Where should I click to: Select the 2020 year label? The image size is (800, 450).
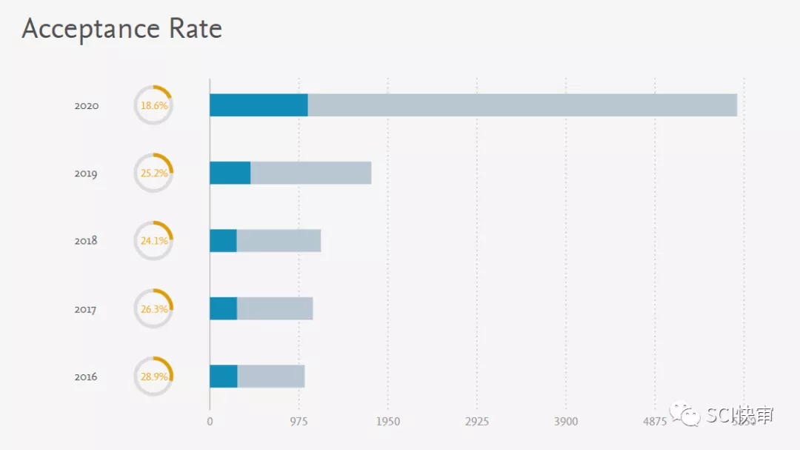pyautogui.click(x=87, y=106)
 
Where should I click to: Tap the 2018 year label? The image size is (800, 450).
pyautogui.click(x=87, y=241)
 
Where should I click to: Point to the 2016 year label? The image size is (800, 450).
pyautogui.click(x=87, y=377)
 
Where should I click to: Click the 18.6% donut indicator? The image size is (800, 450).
pyautogui.click(x=153, y=106)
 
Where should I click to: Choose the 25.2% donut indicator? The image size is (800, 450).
pyautogui.click(x=153, y=173)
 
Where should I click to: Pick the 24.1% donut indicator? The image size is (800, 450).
pyautogui.click(x=153, y=241)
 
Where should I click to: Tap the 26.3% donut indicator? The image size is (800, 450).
pyautogui.click(x=153, y=309)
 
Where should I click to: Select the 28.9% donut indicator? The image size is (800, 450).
pyautogui.click(x=153, y=377)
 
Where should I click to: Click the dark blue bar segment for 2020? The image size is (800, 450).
pyautogui.click(x=259, y=105)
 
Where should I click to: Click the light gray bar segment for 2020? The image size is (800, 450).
pyautogui.click(x=522, y=105)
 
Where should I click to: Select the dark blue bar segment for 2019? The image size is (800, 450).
pyautogui.click(x=230, y=173)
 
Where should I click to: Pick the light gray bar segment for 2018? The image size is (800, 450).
pyautogui.click(x=279, y=241)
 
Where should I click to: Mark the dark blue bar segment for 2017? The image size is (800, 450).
pyautogui.click(x=223, y=308)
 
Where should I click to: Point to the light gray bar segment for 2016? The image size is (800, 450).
pyautogui.click(x=271, y=377)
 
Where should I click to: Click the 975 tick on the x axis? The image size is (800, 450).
pyautogui.click(x=299, y=422)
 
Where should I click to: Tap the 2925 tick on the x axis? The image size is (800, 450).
pyautogui.click(x=476, y=422)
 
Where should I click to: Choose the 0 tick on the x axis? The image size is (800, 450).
pyautogui.click(x=210, y=422)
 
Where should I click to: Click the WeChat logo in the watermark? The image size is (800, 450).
pyautogui.click(x=685, y=415)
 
